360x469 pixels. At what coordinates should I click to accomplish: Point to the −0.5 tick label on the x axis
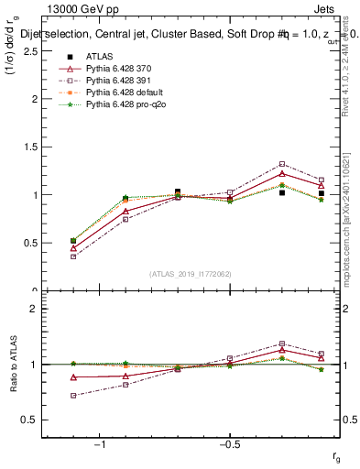228,444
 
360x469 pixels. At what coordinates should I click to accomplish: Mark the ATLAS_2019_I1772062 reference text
191,275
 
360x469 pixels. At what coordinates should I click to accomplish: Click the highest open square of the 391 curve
282,164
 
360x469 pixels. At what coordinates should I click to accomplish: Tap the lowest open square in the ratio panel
73,396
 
